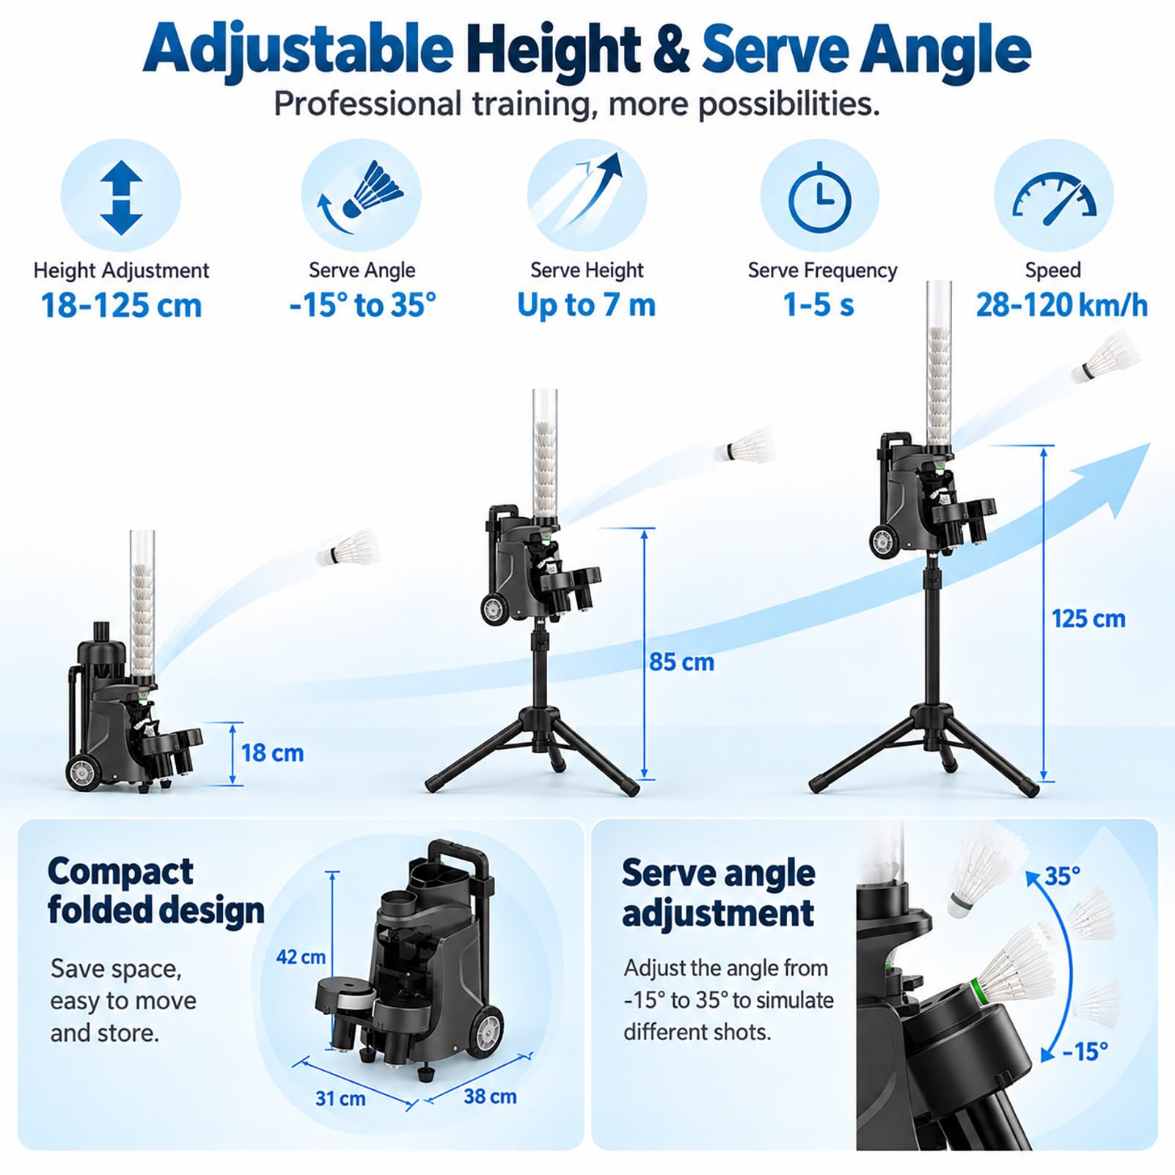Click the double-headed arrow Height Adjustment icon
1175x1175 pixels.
[121, 198]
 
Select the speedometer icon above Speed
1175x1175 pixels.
[1054, 198]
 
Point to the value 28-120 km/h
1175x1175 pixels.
[1061, 304]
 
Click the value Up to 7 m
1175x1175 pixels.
[586, 305]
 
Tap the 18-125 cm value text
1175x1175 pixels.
[121, 305]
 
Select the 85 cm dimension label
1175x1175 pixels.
[681, 662]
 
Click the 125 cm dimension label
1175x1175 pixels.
[1088, 618]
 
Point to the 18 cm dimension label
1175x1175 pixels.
[272, 753]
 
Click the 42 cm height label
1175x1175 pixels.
[301, 956]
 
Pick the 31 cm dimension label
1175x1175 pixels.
[340, 1098]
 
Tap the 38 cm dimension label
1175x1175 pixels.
[490, 1096]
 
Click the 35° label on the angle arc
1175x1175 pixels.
[1063, 876]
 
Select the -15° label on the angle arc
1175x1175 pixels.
[1086, 1051]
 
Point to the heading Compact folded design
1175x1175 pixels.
[155, 891]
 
